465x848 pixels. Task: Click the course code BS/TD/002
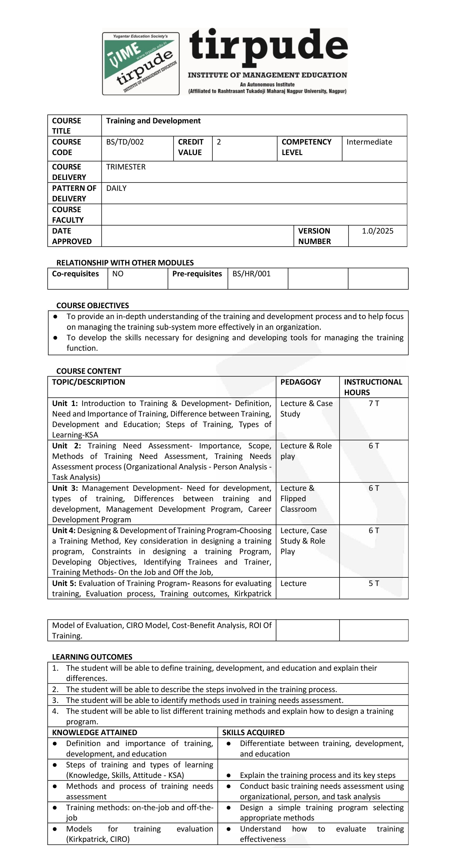[x=125, y=142]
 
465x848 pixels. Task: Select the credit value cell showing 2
[x=219, y=142]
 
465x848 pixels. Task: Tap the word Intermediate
[x=369, y=142]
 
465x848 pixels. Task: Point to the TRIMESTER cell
[x=126, y=167]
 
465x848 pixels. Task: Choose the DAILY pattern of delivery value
[x=116, y=188]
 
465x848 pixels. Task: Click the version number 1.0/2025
[x=377, y=231]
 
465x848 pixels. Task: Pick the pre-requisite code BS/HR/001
[x=251, y=274]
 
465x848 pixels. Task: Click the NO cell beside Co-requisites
[x=118, y=274]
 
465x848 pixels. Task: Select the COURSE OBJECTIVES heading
[x=93, y=306]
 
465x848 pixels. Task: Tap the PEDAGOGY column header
[x=301, y=382]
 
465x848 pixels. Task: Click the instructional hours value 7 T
[x=374, y=403]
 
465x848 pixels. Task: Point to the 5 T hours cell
[x=374, y=583]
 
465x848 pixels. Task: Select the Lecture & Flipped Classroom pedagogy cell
[x=298, y=499]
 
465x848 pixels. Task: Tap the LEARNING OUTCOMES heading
[x=92, y=657]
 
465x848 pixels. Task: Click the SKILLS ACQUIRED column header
[x=253, y=733]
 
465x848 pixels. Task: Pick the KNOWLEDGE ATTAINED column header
[x=94, y=733]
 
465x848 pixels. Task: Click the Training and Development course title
[x=153, y=121]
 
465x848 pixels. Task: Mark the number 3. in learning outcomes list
[x=55, y=700]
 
